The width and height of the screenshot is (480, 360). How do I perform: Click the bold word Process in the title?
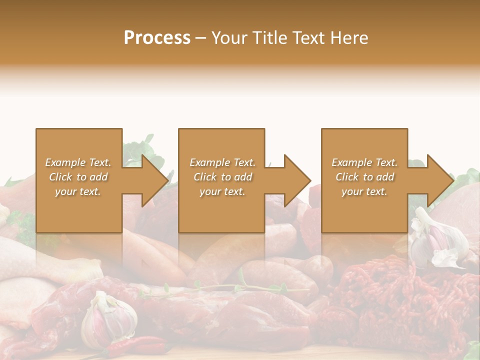157,37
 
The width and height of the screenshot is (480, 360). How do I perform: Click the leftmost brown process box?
78,210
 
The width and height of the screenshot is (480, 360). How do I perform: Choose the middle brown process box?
221,210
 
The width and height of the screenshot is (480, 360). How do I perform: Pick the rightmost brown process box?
364,210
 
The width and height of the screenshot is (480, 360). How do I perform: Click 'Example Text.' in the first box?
78,162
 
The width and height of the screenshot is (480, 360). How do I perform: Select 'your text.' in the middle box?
222,191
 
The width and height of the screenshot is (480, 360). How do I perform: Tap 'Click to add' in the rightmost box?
365,177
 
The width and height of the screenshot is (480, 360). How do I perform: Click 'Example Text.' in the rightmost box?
364,162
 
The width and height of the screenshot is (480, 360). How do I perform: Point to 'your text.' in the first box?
78,191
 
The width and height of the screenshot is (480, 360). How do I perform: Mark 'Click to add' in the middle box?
222,177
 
